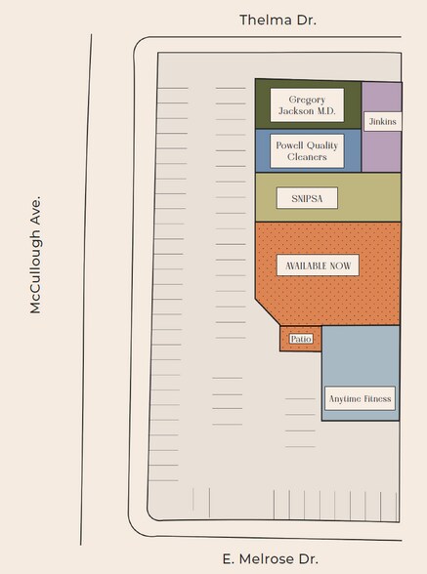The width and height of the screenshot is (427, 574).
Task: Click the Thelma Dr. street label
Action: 278,20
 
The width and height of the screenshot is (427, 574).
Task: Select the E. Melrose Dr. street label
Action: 270,559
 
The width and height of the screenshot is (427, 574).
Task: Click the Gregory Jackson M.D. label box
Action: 307,105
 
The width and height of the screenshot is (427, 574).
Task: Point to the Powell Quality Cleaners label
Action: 307,150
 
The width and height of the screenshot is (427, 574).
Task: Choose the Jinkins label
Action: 381,121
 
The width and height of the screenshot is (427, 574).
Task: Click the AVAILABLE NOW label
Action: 317,265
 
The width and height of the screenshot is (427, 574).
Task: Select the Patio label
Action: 300,339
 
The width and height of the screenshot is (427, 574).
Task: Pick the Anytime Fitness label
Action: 360,398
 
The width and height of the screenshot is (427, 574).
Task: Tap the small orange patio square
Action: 300,339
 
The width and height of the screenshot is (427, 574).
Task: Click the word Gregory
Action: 308,100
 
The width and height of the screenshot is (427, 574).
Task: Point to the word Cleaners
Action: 307,156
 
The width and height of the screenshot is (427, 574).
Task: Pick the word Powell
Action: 290,145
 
